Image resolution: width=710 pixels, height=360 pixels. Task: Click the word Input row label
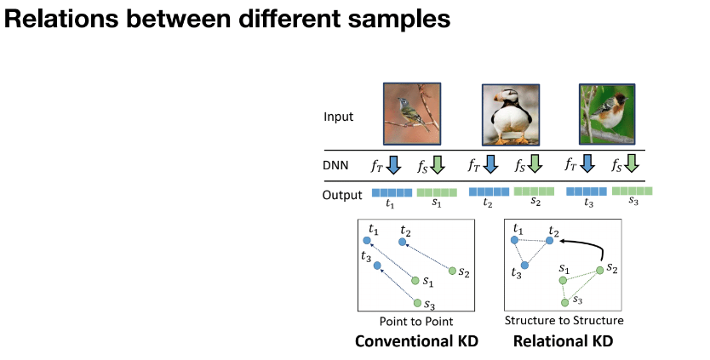[x=339, y=117]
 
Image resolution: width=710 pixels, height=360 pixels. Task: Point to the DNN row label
[x=337, y=164]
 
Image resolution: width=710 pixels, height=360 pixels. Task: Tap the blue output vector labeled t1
[x=392, y=193]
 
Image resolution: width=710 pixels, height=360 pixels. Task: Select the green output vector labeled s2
[x=534, y=192]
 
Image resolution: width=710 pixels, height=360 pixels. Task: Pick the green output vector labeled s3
[x=633, y=192]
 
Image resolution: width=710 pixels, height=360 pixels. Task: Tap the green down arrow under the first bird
[x=437, y=163]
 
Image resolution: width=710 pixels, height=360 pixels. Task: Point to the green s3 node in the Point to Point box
[x=416, y=302]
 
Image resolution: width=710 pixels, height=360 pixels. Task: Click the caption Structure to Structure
[x=564, y=321]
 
